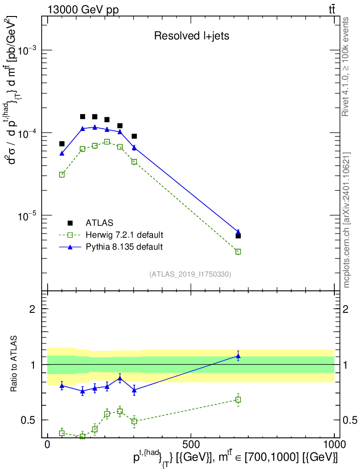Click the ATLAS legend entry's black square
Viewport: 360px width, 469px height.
point(70,223)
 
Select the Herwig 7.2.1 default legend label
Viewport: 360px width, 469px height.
point(125,235)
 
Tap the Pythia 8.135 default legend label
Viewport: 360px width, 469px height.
point(124,247)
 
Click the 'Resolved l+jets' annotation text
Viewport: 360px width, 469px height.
point(191,36)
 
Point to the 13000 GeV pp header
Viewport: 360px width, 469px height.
point(83,10)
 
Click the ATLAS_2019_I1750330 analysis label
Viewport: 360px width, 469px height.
point(190,274)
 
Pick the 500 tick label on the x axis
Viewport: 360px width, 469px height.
point(191,444)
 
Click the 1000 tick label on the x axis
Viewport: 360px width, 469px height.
point(334,444)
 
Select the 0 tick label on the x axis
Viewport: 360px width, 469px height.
point(48,444)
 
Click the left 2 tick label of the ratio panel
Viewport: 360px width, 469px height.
point(33,309)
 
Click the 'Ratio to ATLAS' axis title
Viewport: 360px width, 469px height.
point(14,364)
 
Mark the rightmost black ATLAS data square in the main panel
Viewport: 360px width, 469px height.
point(238,236)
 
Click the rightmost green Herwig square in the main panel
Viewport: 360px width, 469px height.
point(238,251)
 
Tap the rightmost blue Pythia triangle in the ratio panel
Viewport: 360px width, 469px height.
point(238,356)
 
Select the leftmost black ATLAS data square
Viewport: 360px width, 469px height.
point(62,144)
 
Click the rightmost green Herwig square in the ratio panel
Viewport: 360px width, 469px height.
point(238,399)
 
